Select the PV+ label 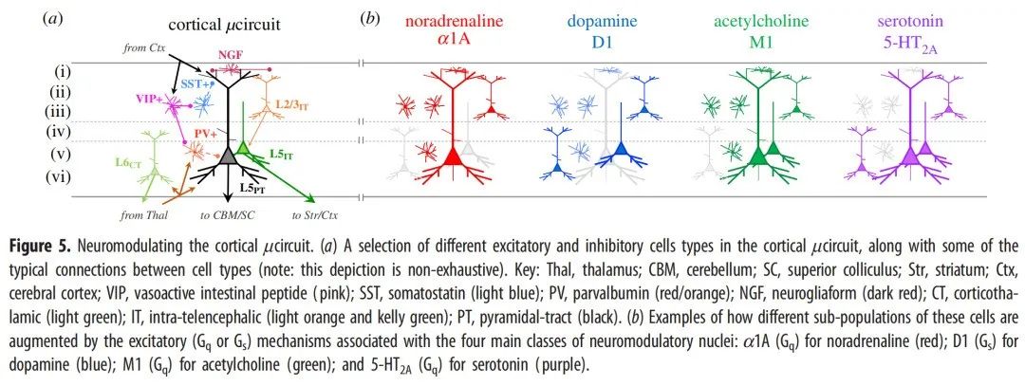202,135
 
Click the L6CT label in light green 116,167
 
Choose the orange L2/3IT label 289,106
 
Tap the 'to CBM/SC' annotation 226,214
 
